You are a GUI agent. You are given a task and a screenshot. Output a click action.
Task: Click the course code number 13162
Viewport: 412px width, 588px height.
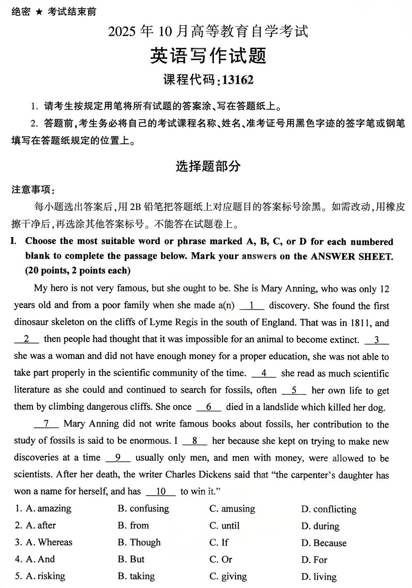coord(237,80)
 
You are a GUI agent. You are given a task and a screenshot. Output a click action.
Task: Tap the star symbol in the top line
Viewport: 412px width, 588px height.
coord(38,12)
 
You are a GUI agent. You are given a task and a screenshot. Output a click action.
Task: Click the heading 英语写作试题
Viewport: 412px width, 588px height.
coord(208,56)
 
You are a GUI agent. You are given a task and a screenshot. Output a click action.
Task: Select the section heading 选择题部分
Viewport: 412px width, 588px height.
coord(208,166)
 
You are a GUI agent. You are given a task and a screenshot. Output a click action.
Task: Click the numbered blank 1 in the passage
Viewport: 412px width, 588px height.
coord(251,306)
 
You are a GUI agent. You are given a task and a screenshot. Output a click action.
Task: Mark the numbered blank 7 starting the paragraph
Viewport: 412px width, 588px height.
coord(46,424)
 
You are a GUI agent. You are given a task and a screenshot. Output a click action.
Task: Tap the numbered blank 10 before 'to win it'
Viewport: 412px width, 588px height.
coord(161,492)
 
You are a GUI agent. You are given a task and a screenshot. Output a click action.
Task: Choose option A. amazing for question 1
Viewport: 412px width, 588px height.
coord(48,508)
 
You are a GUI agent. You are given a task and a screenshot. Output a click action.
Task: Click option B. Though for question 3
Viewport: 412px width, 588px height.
coord(139,543)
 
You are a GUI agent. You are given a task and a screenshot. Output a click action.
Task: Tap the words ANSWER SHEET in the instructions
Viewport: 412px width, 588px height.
coord(352,256)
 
